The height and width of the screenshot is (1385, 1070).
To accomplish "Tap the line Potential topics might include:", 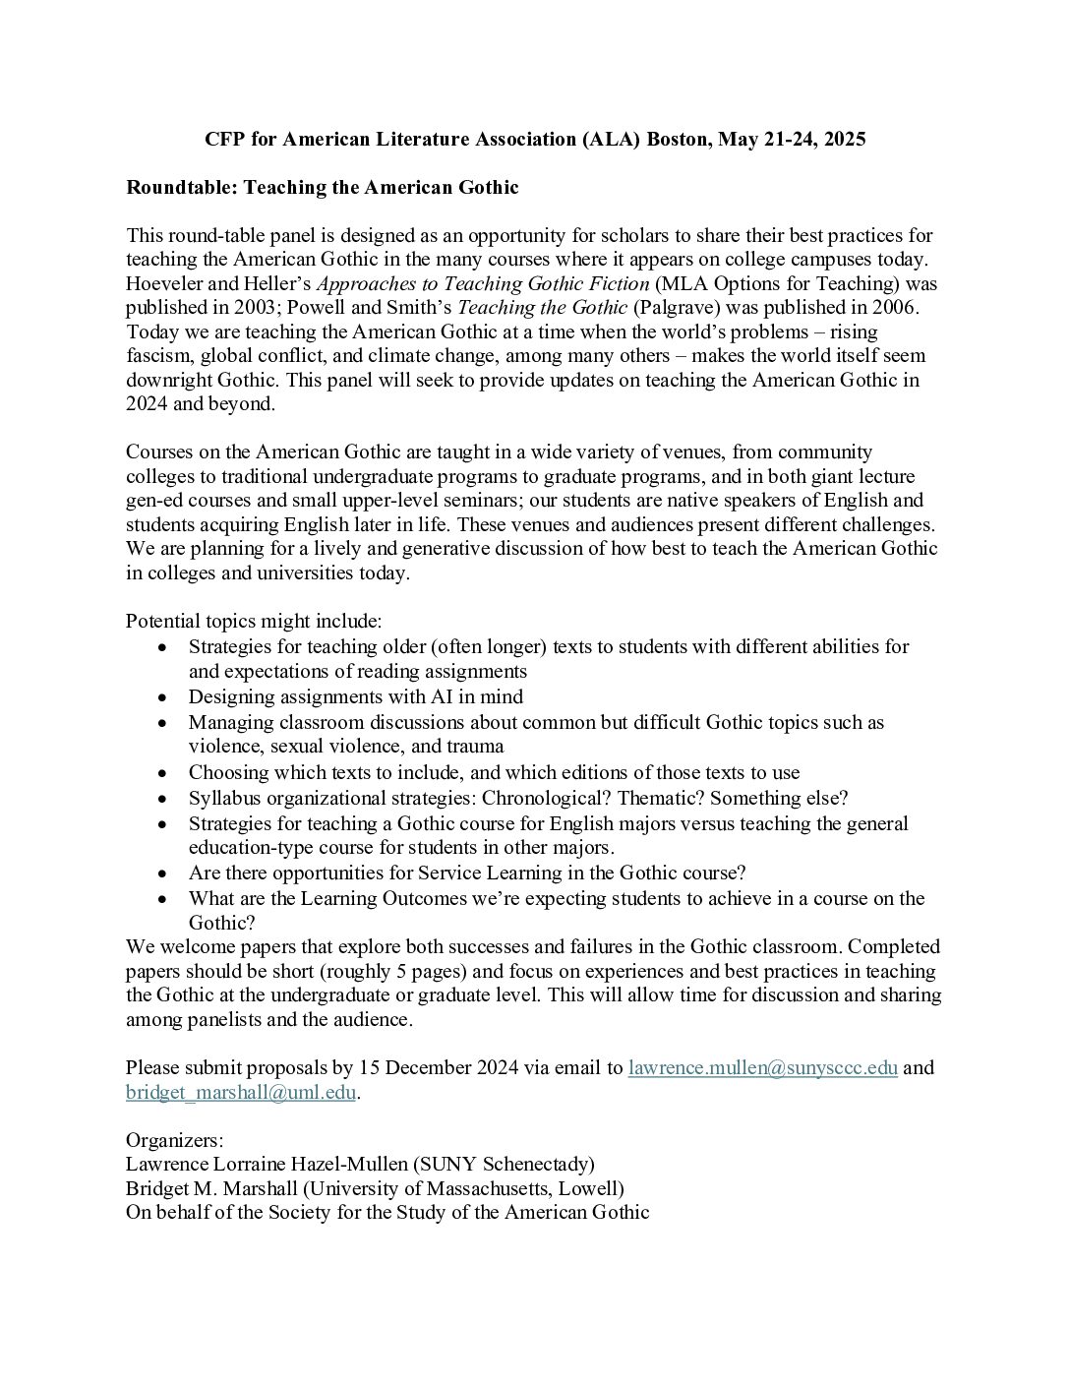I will click(x=254, y=622).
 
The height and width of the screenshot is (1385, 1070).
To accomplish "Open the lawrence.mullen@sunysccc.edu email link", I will click(x=762, y=1067).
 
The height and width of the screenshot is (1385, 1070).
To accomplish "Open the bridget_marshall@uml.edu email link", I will click(x=240, y=1092).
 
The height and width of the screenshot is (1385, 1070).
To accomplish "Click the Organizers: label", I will click(x=174, y=1141).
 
